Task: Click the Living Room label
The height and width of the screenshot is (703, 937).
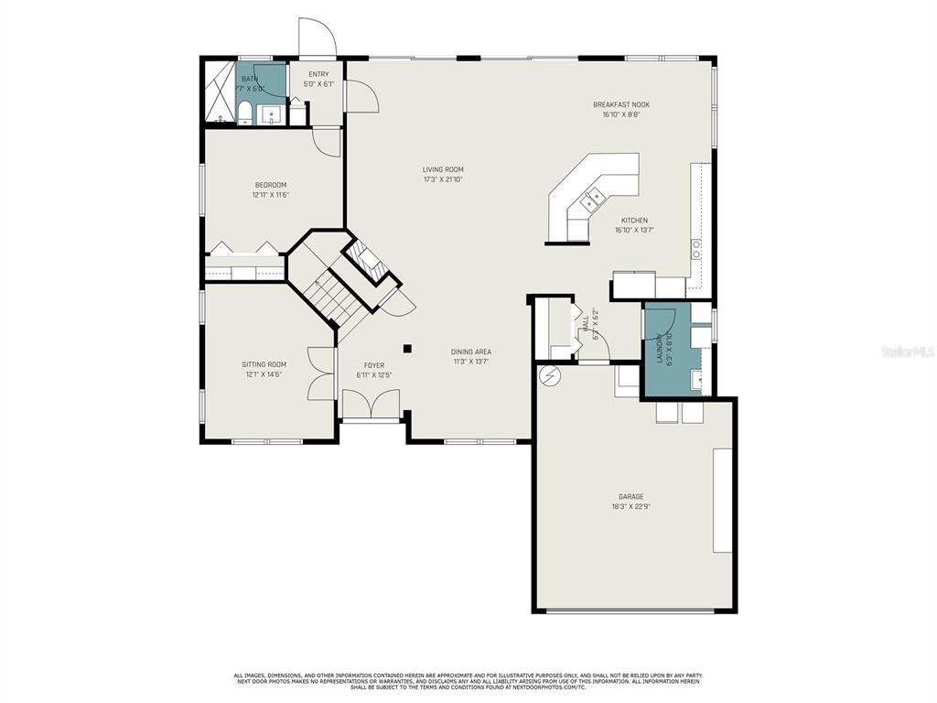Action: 443,169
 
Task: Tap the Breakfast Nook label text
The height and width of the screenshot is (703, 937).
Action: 620,104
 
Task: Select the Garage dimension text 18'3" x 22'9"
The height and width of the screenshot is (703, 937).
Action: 630,507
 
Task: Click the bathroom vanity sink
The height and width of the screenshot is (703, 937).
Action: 271,114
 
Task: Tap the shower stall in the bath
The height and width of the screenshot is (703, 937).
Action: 218,91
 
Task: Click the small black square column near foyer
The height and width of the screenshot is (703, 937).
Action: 407,348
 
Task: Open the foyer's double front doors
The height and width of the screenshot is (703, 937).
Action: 370,405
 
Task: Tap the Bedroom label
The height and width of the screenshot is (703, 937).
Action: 270,185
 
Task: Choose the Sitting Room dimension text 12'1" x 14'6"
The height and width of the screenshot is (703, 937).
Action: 264,374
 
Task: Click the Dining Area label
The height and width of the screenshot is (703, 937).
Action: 471,351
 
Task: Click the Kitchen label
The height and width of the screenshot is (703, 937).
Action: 634,221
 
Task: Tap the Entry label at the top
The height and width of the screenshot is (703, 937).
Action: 318,74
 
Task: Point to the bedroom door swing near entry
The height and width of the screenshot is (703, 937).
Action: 327,141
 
